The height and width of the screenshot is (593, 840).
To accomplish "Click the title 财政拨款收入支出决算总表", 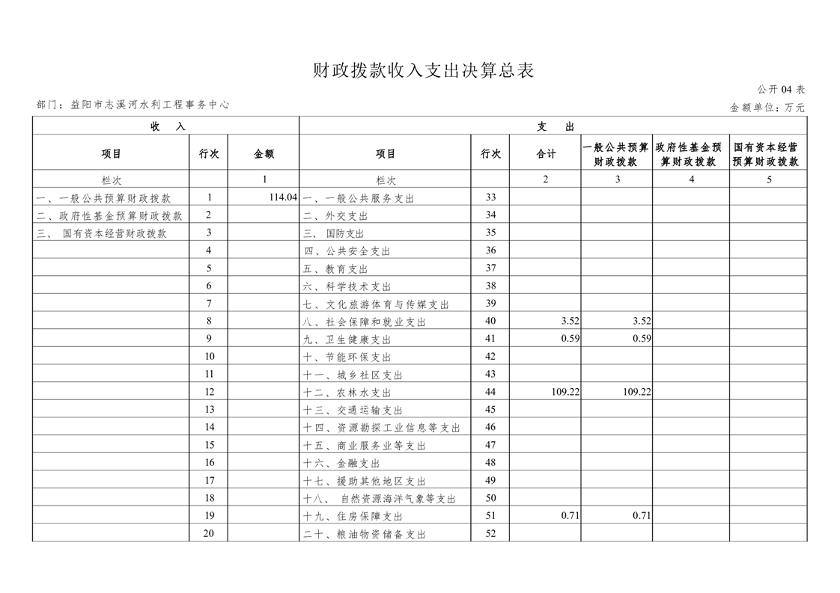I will click(x=423, y=71).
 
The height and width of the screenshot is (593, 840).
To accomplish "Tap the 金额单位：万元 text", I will click(x=767, y=108).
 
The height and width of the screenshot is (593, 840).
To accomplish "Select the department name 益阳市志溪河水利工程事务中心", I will click(x=150, y=105).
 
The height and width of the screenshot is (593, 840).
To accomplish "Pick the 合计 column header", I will click(x=546, y=154).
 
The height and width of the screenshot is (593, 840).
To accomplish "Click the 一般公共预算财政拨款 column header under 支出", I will click(x=616, y=154).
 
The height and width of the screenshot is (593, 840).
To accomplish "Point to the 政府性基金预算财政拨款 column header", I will click(x=691, y=154).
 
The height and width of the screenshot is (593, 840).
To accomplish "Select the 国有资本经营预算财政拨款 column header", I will click(x=769, y=154).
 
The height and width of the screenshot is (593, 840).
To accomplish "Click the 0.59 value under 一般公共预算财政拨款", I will click(x=642, y=339).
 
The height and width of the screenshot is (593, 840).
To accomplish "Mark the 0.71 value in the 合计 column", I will click(x=570, y=516).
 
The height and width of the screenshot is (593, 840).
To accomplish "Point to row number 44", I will click(x=490, y=392).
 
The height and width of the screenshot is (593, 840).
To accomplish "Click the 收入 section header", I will click(x=166, y=126).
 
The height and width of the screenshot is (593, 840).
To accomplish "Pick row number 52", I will click(x=490, y=534).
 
